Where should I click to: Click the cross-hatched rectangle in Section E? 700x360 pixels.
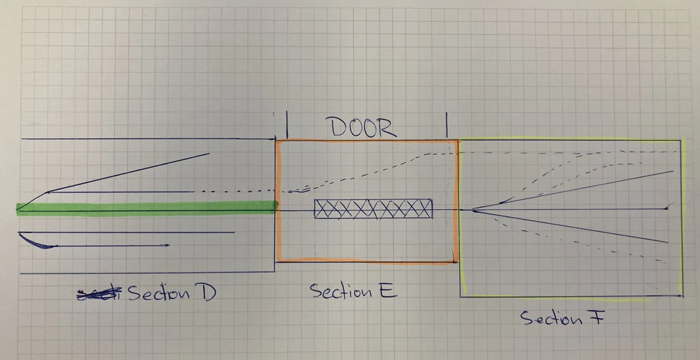tap(373, 209)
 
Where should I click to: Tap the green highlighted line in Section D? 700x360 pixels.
tap(147, 208)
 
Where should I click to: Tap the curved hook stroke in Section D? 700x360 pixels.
tap(37, 242)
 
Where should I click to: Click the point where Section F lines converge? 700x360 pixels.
tap(473, 211)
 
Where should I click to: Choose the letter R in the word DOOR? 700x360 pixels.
tap(388, 128)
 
